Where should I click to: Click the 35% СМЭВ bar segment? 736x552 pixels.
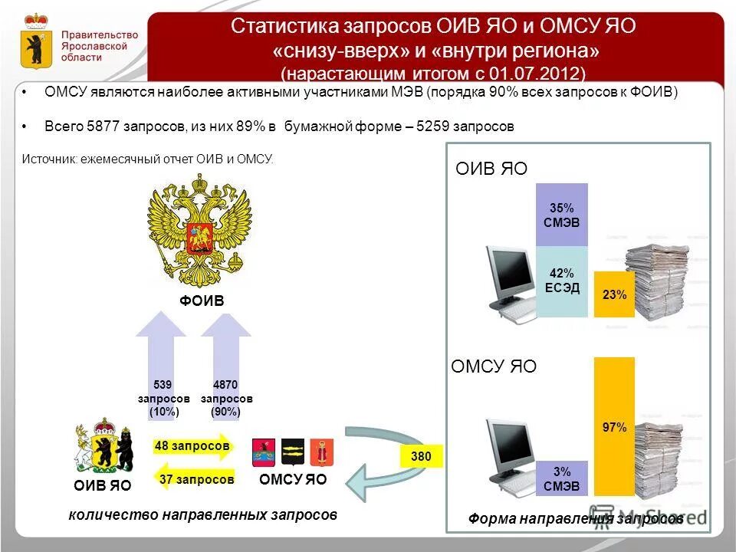pos(561,215)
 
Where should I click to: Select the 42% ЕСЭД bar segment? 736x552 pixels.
pos(561,281)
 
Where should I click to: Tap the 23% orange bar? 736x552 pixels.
pos(614,294)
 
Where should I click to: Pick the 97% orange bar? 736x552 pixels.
pos(614,426)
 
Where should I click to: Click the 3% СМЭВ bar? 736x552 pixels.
pos(561,478)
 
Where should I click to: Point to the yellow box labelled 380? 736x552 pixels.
pos(421,457)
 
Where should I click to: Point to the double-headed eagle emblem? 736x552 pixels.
pos(201,230)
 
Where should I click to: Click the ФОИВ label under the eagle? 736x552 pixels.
pos(202,301)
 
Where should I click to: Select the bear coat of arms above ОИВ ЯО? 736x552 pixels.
pos(102,447)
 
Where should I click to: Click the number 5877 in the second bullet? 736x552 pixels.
pos(103,127)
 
